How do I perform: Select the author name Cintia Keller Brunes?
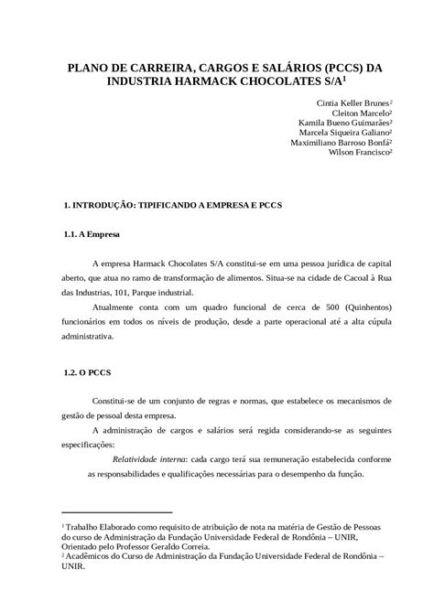point(352,103)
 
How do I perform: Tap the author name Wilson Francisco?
point(360,153)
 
